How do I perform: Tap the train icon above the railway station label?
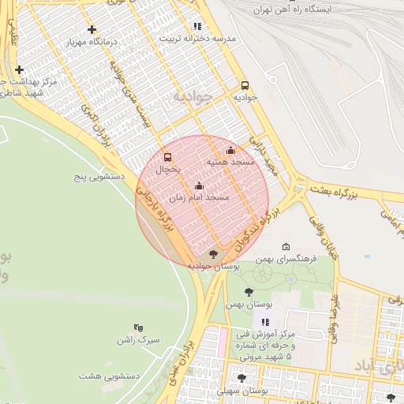point(294,1)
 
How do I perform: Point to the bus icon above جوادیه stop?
point(244,85)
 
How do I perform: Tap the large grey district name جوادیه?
point(190,96)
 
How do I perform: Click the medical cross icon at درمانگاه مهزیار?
point(92,29)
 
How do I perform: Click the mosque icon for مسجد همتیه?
point(230,150)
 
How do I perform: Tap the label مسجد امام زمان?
point(199,198)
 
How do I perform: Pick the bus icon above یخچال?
point(167,157)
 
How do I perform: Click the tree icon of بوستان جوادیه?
point(212,254)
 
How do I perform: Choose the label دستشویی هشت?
point(115,376)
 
